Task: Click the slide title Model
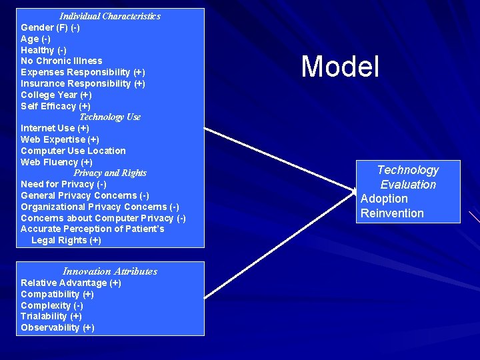point(340,67)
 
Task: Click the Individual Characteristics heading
point(110,16)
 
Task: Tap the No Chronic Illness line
point(61,61)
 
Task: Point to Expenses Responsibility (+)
point(83,72)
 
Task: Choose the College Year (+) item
point(56,95)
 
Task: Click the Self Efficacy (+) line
point(55,106)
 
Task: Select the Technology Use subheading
point(110,117)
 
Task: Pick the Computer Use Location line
point(73,151)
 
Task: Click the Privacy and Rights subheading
point(110,173)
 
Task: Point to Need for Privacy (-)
point(63,184)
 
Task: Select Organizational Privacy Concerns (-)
point(100,207)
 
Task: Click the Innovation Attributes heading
point(110,271)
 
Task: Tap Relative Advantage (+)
point(71,283)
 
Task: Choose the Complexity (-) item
point(52,305)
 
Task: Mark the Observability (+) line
point(57,327)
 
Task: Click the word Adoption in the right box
point(384,199)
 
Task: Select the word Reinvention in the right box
point(392,213)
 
